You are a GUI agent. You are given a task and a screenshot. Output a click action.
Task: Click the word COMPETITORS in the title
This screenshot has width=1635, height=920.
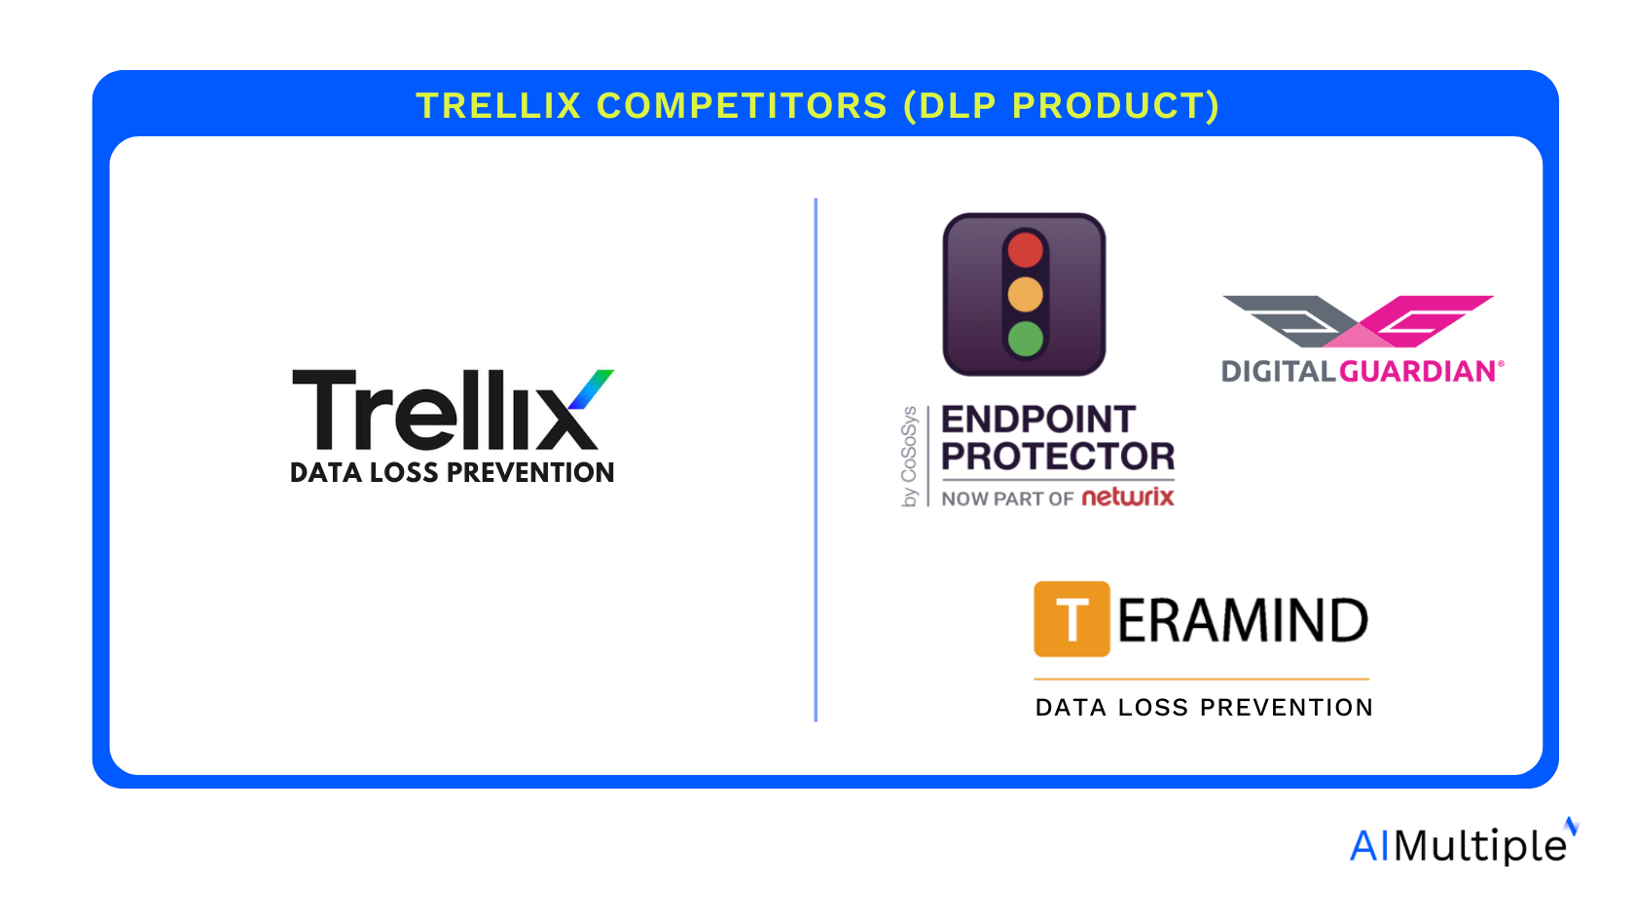pos(742,106)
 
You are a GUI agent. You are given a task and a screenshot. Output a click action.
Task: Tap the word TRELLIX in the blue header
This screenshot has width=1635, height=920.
pos(498,106)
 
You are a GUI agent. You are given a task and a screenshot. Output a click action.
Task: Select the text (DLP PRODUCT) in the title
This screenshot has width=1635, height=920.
pos(1061,107)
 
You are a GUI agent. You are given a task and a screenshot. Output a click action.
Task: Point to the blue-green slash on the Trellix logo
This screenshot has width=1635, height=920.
pos(591,389)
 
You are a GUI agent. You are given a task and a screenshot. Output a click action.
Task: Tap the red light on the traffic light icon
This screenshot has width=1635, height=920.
pos(1025,249)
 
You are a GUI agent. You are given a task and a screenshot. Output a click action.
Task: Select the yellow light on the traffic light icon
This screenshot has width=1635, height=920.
pos(1025,295)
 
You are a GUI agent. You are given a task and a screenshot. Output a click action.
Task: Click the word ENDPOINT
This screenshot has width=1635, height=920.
pos(1037,420)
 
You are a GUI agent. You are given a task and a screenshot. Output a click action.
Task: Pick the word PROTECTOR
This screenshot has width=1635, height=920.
pos(1058,457)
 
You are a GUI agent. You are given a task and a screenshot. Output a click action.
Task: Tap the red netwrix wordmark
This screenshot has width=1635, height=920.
pos(1128,498)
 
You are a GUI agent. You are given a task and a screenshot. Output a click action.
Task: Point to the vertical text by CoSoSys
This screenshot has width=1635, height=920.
pos(909,457)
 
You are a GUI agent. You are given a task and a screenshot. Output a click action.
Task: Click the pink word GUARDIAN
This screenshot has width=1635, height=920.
pos(1417,372)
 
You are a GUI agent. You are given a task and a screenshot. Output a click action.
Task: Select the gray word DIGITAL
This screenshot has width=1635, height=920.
pos(1279,372)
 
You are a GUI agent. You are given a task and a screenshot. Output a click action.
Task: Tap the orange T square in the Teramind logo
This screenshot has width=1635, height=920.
pos(1072,619)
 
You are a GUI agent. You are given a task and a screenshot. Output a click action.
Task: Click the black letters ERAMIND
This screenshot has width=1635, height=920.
pos(1242,621)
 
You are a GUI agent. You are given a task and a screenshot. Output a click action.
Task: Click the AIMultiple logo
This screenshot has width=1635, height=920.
pos(1464,842)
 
